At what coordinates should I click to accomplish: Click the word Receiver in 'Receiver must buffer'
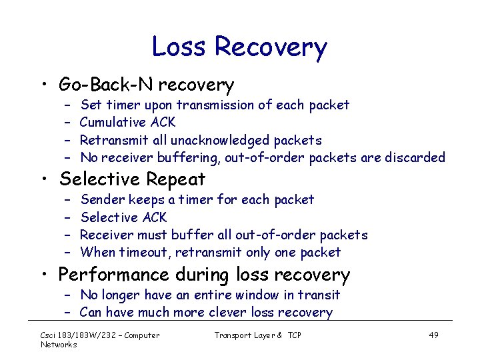106,235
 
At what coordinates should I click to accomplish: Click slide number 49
433,335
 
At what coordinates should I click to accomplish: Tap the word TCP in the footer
295,335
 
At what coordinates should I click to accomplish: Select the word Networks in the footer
59,344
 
